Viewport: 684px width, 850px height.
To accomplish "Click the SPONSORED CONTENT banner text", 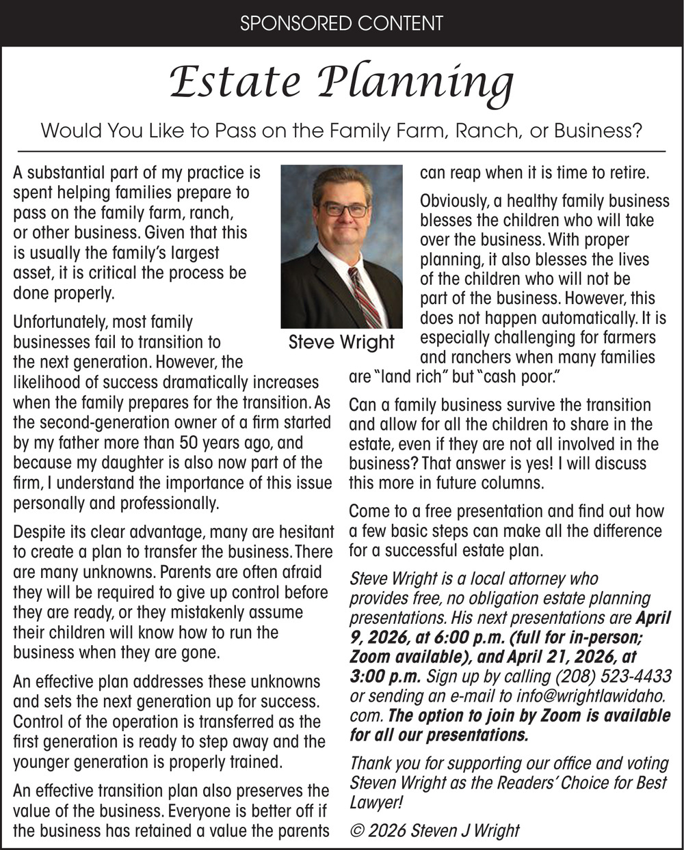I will (341, 23).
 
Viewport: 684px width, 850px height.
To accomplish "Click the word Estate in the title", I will (234, 83).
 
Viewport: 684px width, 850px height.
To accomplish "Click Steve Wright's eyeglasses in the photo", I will (345, 210).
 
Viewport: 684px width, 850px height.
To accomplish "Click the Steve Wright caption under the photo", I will (341, 342).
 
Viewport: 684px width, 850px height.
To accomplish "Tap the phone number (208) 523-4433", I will (615, 676).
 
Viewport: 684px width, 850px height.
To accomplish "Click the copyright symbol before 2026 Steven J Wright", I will (356, 830).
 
